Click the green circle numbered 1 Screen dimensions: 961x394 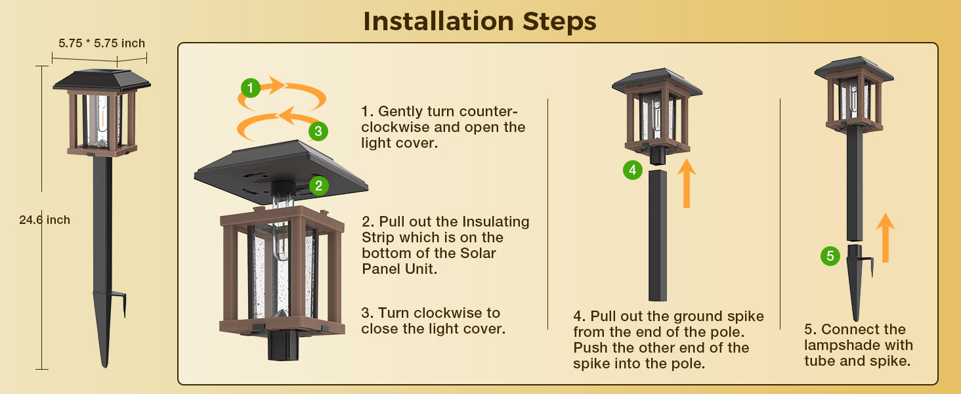coord(251,88)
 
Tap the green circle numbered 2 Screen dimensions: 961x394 coord(319,186)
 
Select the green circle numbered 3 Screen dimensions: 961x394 coord(318,131)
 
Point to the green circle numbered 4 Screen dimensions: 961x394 coord(632,170)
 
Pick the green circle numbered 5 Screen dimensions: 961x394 coord(830,256)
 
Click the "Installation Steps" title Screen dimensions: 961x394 coord(480,21)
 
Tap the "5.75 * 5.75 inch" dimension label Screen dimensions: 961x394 coord(102,43)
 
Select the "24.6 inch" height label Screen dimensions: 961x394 coord(45,220)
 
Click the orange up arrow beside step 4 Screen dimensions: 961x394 coord(687,183)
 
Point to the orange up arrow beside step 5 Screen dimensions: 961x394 coord(885,238)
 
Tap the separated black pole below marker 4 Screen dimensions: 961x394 coord(657,236)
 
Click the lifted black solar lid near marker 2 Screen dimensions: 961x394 coord(281,171)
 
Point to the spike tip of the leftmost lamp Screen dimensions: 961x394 coord(104,366)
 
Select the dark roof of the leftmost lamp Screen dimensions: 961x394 coord(102,80)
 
